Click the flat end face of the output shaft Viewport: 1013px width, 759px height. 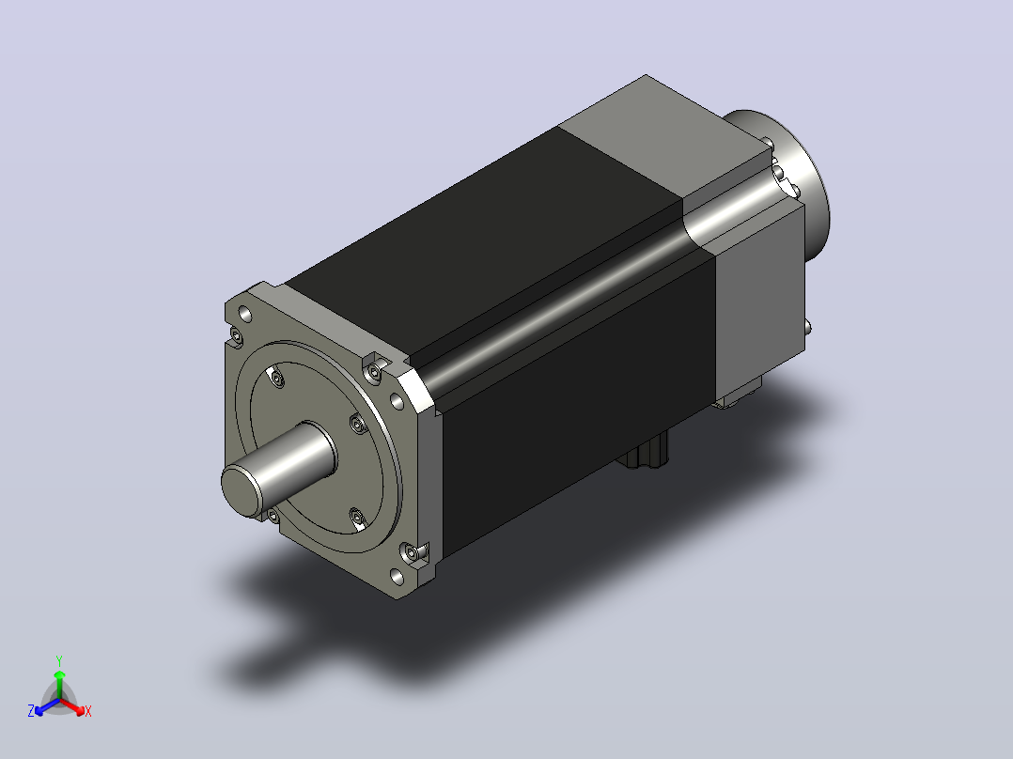click(x=242, y=491)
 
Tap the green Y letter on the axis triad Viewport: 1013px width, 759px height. click(x=59, y=660)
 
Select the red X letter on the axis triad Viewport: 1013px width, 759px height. click(x=88, y=711)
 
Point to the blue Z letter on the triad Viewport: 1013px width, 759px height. click(x=31, y=710)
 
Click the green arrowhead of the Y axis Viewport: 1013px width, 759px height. click(x=59, y=675)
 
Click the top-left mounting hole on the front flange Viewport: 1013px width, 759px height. click(x=245, y=315)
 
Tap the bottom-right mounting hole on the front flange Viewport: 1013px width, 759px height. click(x=397, y=576)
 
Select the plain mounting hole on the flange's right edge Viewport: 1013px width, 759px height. click(x=397, y=402)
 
